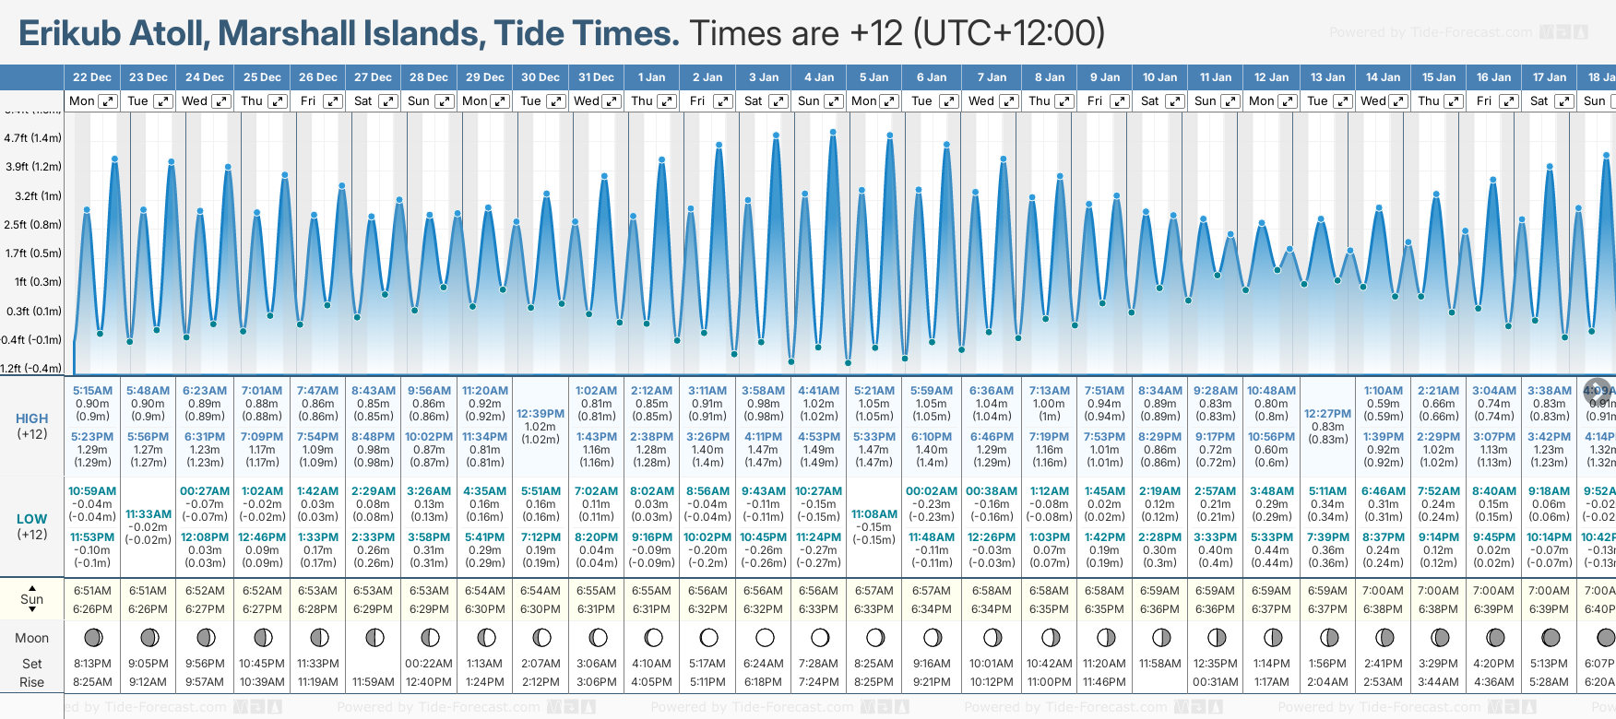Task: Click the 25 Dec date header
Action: (x=262, y=77)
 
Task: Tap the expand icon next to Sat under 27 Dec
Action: (x=388, y=101)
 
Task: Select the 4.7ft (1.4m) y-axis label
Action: (x=33, y=138)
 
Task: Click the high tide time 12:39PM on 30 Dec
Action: (x=541, y=414)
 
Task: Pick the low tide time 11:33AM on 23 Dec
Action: (x=149, y=514)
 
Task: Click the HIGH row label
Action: (x=32, y=418)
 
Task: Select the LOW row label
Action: (x=32, y=519)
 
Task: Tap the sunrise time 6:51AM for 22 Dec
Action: (x=92, y=591)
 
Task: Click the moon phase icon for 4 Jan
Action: (x=820, y=637)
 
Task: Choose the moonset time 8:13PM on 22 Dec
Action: (x=92, y=664)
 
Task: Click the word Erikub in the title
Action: (x=70, y=34)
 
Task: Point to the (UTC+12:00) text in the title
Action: (x=1009, y=34)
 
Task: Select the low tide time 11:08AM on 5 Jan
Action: (x=874, y=514)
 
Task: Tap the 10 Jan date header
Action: (x=1159, y=77)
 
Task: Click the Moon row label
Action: (x=32, y=638)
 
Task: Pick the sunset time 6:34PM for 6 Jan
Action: (x=932, y=609)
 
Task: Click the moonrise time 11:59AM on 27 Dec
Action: (x=374, y=682)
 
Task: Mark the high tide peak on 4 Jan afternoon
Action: (x=833, y=133)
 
